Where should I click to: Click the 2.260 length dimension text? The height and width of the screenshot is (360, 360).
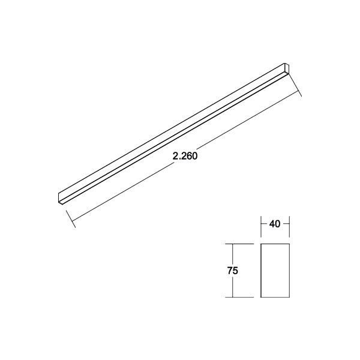tap(185, 155)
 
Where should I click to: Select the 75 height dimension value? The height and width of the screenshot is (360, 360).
tap(233, 271)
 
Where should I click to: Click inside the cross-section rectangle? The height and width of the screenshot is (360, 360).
tap(275, 271)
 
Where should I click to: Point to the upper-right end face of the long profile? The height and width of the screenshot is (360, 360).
tap(286, 68)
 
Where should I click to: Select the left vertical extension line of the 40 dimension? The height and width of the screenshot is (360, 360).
tap(262, 224)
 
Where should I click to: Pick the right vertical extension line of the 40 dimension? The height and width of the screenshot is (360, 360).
tap(289, 224)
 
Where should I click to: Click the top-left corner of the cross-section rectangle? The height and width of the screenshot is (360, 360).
tap(262, 244)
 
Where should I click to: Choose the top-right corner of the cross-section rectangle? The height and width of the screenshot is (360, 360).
tap(289, 244)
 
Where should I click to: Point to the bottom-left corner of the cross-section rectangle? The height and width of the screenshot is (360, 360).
tap(262, 297)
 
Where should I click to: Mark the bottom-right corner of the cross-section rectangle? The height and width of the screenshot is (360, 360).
tap(289, 297)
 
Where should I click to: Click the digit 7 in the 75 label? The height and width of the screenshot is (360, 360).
tap(230, 271)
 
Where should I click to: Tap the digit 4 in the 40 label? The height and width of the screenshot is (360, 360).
tap(272, 224)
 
